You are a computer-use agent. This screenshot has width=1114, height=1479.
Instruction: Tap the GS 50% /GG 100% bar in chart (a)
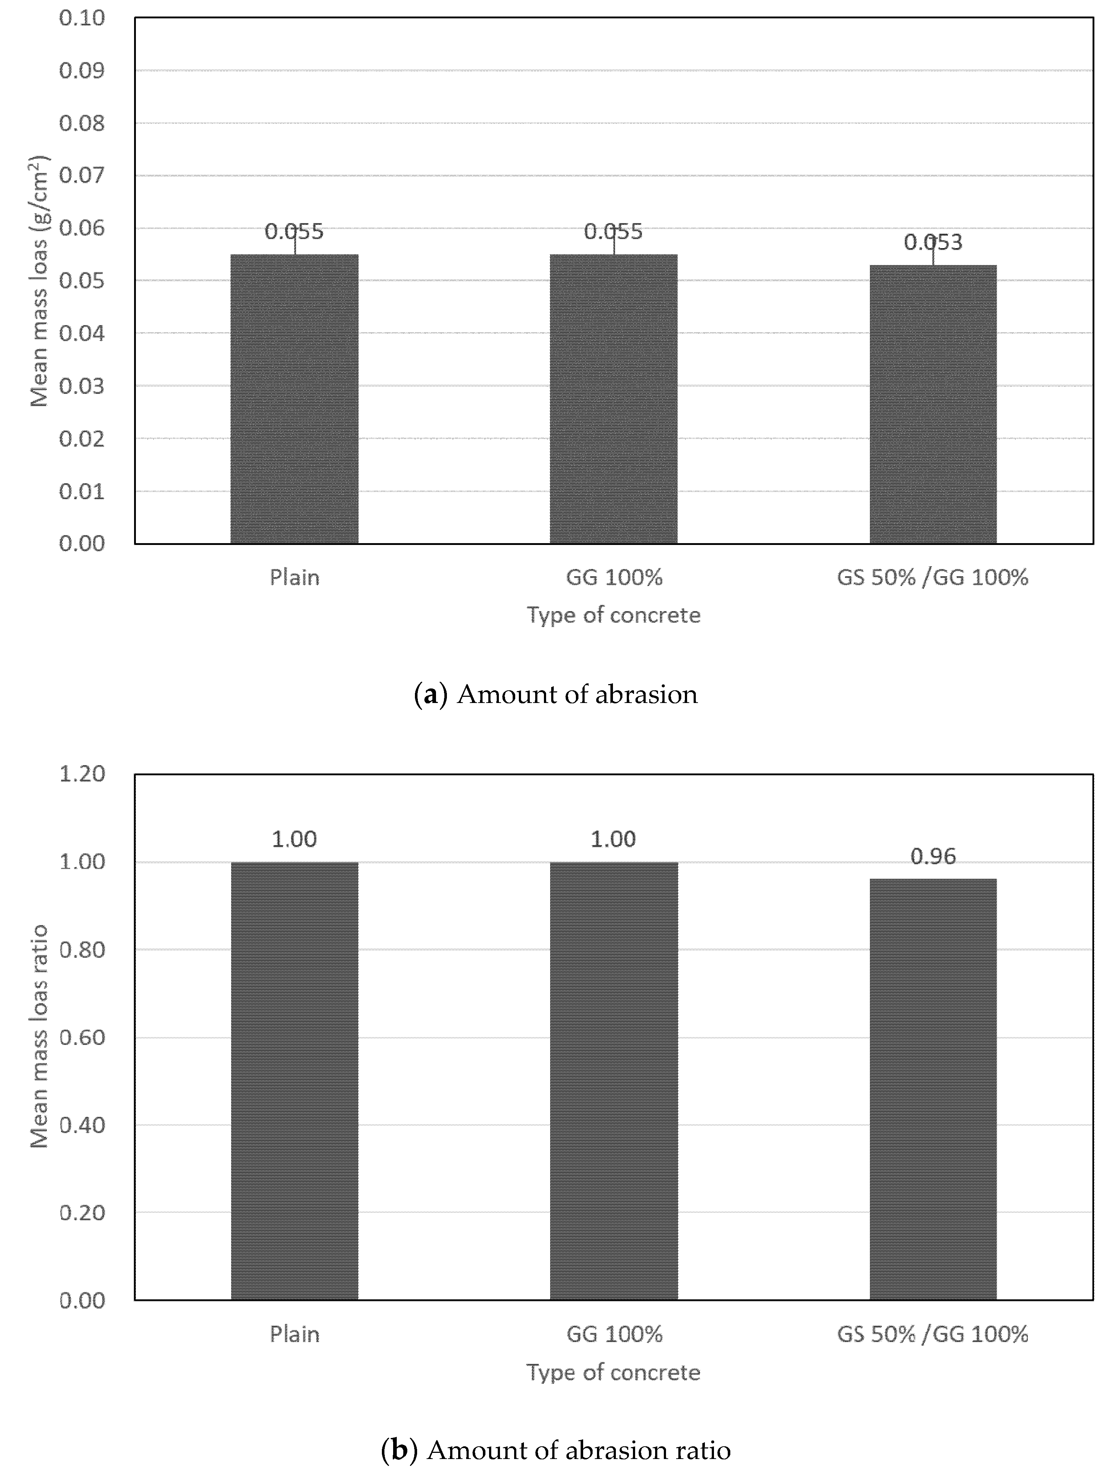(933, 404)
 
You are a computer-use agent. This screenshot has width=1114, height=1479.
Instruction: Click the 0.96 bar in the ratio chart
(933, 1090)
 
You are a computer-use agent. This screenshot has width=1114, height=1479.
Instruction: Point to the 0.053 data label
(933, 242)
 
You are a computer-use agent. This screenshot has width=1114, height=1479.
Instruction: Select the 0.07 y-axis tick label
(82, 175)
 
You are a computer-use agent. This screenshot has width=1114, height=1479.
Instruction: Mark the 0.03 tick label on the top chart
(82, 386)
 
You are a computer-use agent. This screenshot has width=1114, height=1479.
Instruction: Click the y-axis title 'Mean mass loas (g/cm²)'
(40, 281)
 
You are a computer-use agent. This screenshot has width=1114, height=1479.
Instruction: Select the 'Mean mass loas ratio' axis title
(40, 1036)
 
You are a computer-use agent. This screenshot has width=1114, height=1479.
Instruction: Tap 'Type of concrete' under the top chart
(613, 614)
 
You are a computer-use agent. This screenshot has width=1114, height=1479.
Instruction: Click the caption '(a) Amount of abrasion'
(556, 695)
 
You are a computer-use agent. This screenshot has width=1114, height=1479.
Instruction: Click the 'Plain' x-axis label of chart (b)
(294, 1334)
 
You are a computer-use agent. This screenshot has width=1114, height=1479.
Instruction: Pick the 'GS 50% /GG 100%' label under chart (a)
(933, 577)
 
